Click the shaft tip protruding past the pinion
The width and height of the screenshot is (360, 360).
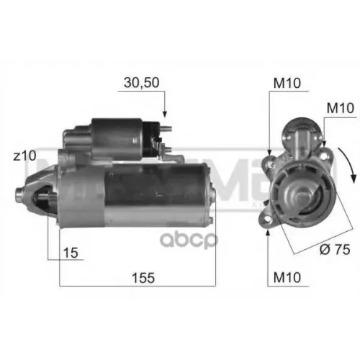pyautogui.click(x=20, y=193)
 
